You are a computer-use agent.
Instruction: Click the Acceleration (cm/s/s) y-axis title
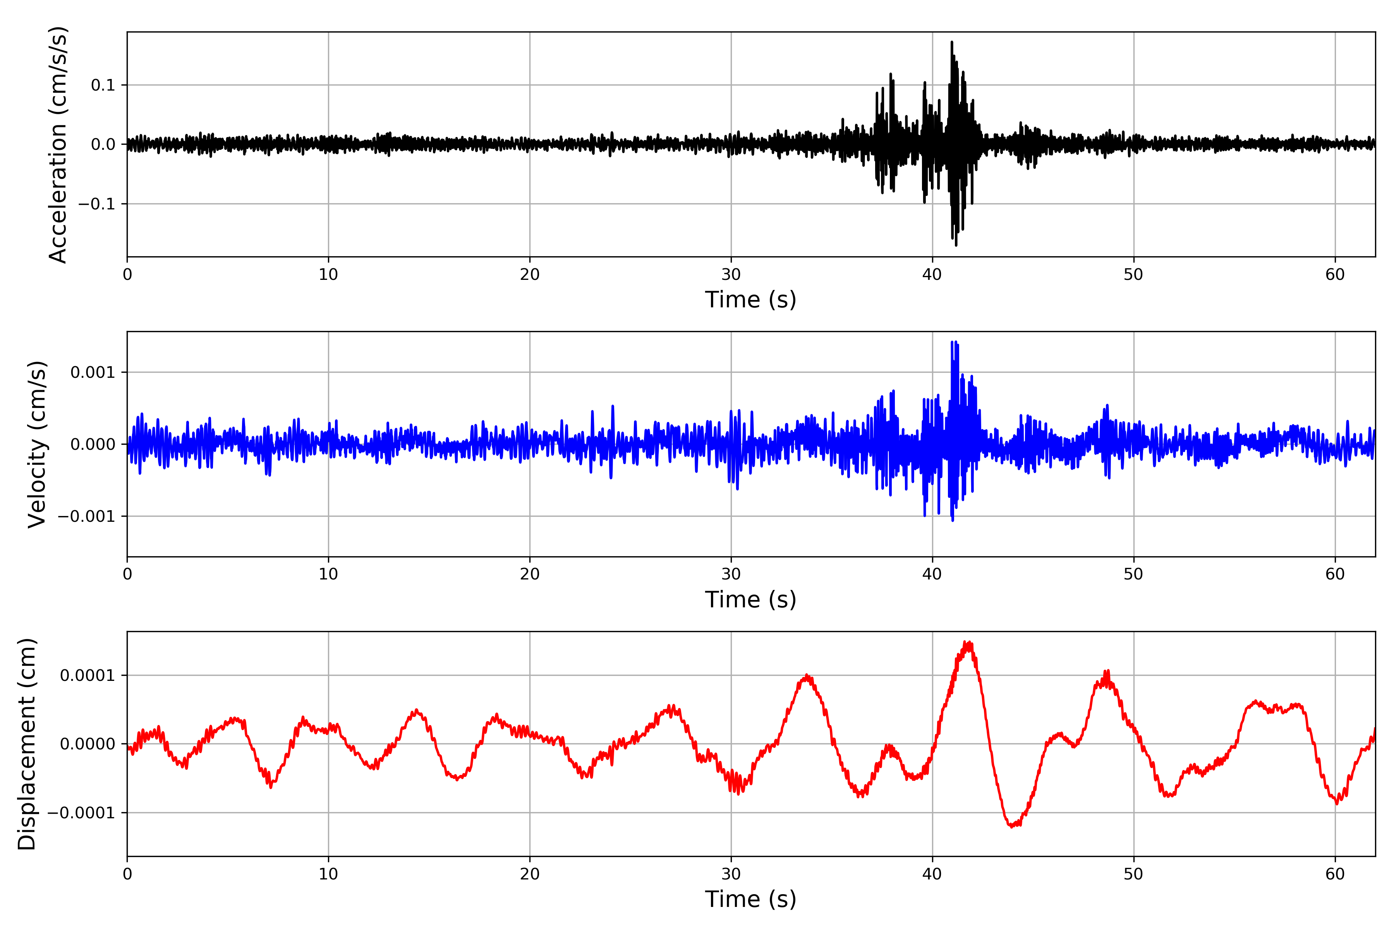click(58, 144)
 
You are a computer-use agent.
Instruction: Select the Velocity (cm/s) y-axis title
click(37, 444)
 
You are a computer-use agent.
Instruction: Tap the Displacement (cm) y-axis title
click(27, 744)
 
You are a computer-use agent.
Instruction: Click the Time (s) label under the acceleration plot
click(750, 300)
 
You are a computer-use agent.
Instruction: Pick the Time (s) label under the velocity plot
click(750, 600)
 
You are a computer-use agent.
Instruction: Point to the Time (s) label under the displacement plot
click(750, 899)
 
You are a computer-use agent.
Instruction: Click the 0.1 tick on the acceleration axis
click(103, 85)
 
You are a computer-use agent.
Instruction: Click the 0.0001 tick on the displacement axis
click(87, 675)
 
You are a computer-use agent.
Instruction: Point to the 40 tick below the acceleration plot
click(932, 275)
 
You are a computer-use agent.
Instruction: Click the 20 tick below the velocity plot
click(530, 574)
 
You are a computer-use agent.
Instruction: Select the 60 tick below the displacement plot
click(1335, 874)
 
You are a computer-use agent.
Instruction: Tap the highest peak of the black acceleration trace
click(952, 42)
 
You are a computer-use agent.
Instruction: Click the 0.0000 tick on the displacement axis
click(87, 744)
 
